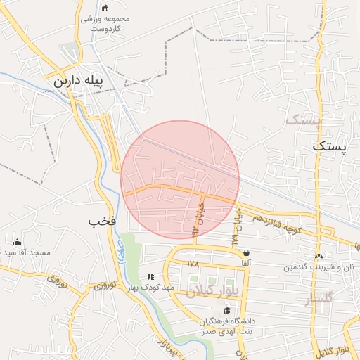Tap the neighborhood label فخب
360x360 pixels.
pyautogui.click(x=102, y=221)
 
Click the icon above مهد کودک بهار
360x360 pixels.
pyautogui.click(x=150, y=277)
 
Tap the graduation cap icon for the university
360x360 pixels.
pyautogui.click(x=226, y=310)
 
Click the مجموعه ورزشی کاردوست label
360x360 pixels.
pyautogui.click(x=105, y=23)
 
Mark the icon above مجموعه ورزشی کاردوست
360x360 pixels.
pyautogui.click(x=105, y=8)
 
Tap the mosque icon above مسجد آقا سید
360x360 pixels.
pyautogui.click(x=17, y=242)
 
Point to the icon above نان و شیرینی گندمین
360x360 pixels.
pyautogui.click(x=320, y=257)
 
